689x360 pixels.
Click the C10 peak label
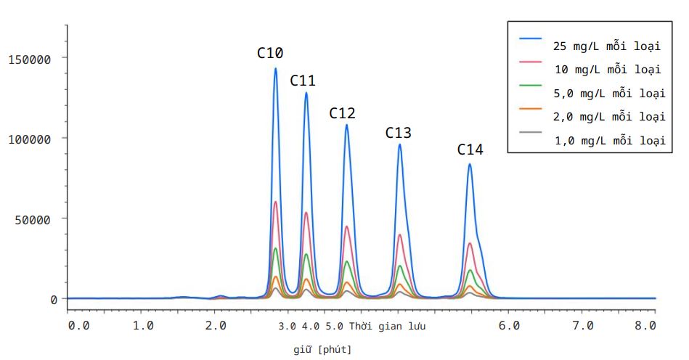click(x=270, y=53)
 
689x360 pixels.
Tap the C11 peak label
click(x=303, y=81)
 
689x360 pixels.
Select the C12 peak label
click(x=342, y=113)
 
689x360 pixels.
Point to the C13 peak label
click(x=398, y=133)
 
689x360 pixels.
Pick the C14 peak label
click(x=470, y=150)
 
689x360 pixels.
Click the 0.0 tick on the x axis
click(x=78, y=325)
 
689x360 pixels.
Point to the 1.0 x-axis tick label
click(x=143, y=325)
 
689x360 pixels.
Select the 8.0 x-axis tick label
click(x=645, y=325)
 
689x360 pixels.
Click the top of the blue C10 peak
click(x=276, y=69)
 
